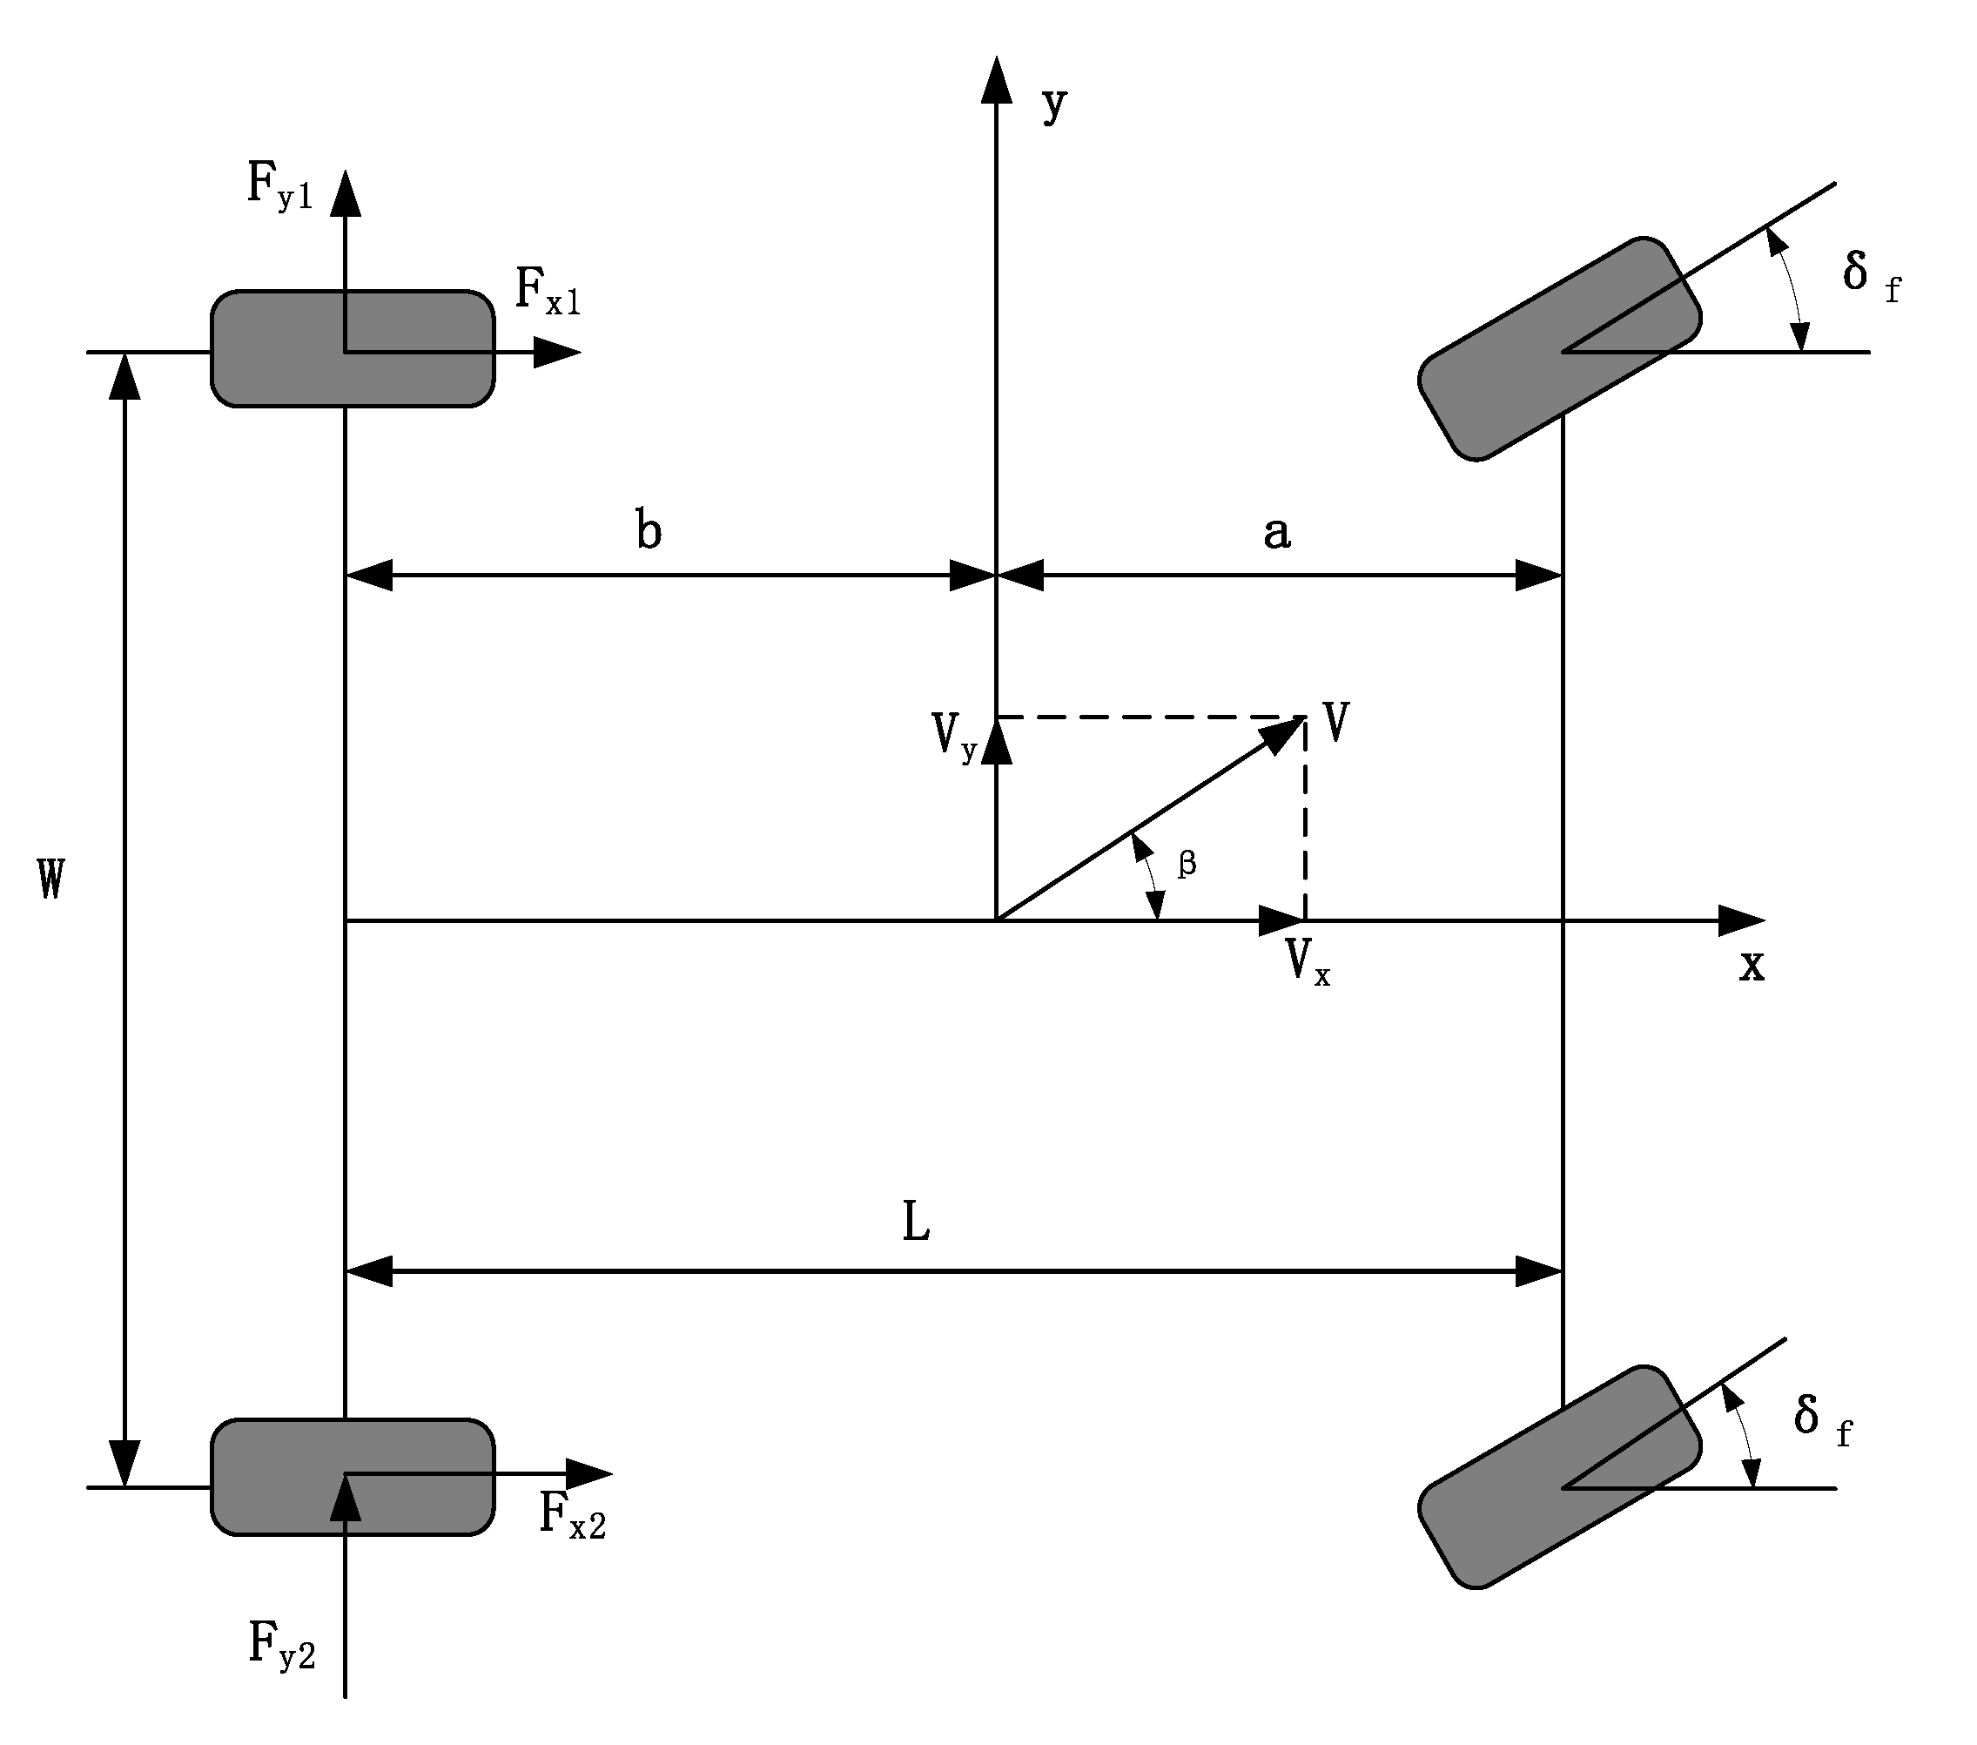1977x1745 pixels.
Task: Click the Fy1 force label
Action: [279, 185]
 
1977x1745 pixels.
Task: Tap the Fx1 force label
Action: [548, 291]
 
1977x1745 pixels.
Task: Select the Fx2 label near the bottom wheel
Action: [572, 1515]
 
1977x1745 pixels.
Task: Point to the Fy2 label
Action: [281, 1644]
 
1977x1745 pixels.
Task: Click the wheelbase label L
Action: [915, 1223]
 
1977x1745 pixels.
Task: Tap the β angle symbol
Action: [1187, 863]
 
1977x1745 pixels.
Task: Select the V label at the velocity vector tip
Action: [1335, 723]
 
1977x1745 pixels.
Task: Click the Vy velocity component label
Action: [954, 737]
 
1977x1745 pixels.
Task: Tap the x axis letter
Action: [1752, 967]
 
